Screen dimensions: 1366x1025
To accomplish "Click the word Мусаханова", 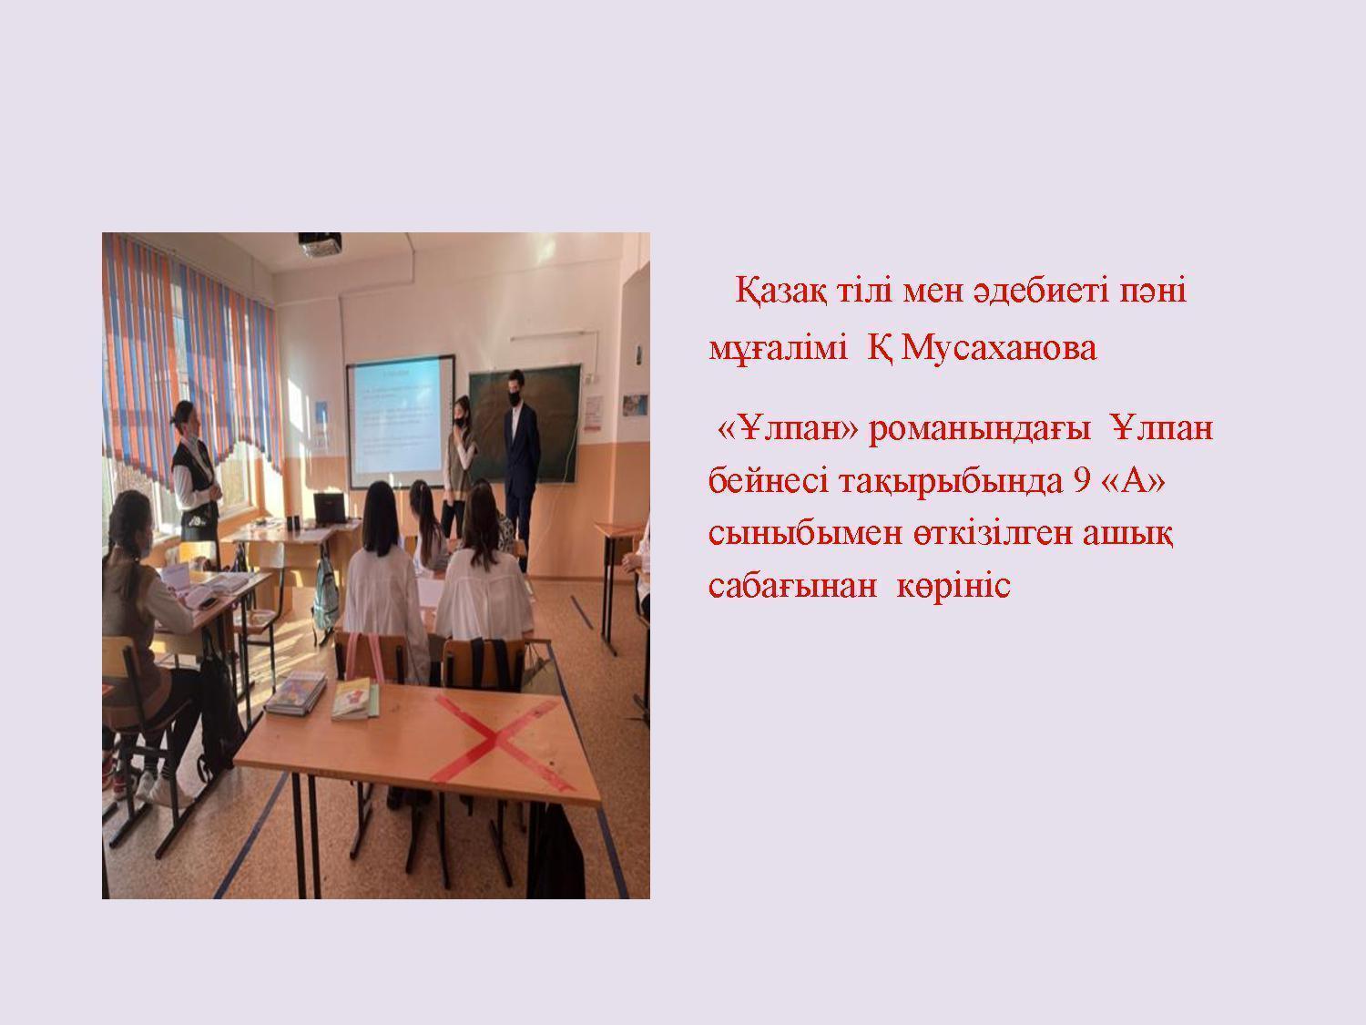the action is click(998, 349).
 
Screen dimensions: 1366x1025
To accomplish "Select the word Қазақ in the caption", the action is click(780, 292).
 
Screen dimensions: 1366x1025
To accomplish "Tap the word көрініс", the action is click(953, 587).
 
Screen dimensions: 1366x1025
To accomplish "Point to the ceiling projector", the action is click(320, 243).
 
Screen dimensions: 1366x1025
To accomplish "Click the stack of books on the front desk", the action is click(296, 692).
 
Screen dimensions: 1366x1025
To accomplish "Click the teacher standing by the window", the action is click(194, 480).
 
